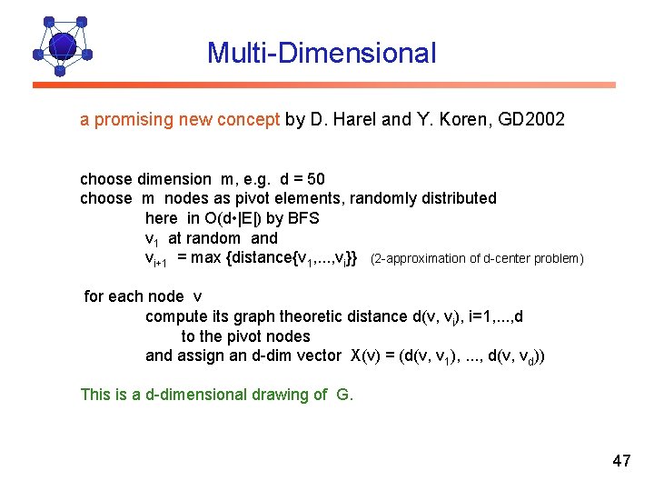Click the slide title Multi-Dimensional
322,53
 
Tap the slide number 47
621,461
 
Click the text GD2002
531,119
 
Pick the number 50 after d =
316,178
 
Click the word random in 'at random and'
215,238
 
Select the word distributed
458,198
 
